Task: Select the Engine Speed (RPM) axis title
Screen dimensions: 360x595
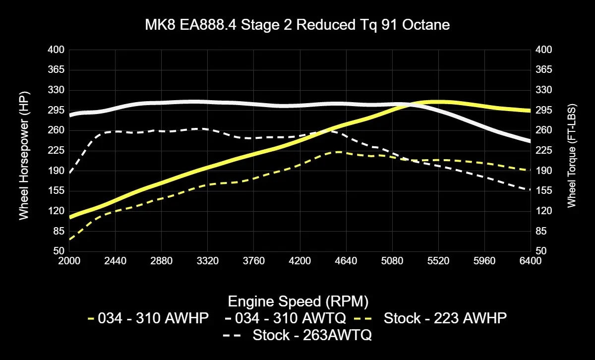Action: pyautogui.click(x=297, y=301)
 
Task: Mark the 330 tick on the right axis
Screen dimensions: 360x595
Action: pyautogui.click(x=544, y=90)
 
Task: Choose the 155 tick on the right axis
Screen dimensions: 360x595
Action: pyautogui.click(x=544, y=191)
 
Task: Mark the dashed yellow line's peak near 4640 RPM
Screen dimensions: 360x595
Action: pyautogui.click(x=337, y=152)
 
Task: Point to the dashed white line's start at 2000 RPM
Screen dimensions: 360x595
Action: pyautogui.click(x=70, y=173)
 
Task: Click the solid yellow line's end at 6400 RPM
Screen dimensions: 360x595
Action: pyautogui.click(x=530, y=111)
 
